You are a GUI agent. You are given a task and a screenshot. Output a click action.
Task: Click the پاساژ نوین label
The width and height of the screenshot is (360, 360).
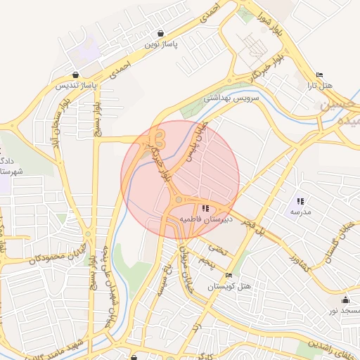[x=162, y=44]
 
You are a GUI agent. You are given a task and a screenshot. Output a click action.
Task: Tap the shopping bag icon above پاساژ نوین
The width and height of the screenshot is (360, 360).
[x=162, y=33]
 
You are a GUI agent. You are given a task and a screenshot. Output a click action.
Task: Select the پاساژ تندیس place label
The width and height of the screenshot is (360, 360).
[x=75, y=86]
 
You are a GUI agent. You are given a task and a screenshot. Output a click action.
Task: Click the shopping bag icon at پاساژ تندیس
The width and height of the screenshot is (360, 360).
[x=75, y=75]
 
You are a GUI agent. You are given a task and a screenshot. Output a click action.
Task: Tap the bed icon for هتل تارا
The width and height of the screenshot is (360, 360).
[x=319, y=75]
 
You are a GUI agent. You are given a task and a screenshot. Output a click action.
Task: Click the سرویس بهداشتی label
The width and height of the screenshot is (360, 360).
[x=231, y=97]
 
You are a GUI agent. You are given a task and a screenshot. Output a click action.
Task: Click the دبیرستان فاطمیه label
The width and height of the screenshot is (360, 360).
[x=205, y=219]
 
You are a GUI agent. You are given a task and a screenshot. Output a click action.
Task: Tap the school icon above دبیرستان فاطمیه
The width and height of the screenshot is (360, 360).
[x=205, y=208]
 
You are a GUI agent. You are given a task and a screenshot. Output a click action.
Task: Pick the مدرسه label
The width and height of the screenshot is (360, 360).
[x=301, y=212]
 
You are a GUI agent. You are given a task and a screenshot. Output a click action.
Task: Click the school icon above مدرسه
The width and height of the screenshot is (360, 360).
[x=301, y=201]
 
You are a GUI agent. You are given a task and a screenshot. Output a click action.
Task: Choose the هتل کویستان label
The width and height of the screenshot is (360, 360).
[x=229, y=287]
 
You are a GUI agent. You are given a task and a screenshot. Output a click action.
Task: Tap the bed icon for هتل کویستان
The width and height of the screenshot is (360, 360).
[x=229, y=276]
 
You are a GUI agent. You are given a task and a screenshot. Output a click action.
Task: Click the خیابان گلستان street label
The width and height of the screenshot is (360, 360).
[x=336, y=241]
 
